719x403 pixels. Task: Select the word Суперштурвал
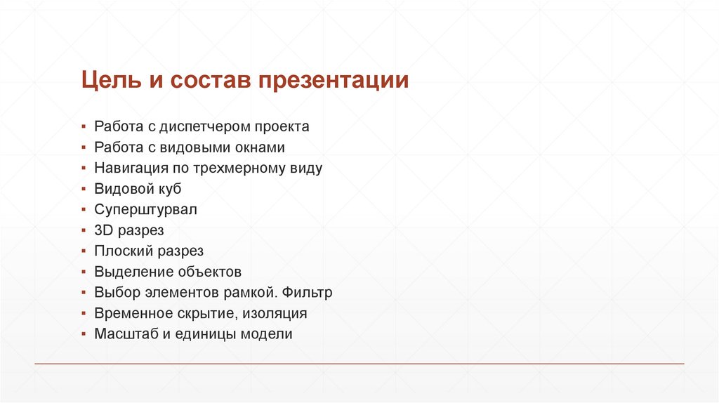click(x=145, y=210)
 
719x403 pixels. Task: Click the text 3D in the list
click(x=103, y=230)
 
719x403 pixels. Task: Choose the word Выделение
click(x=128, y=272)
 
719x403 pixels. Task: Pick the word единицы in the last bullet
click(x=205, y=334)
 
